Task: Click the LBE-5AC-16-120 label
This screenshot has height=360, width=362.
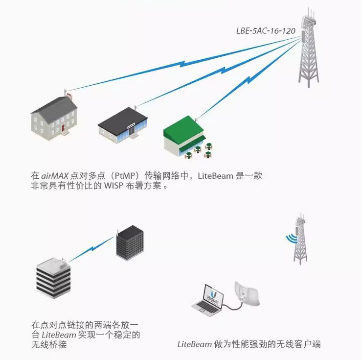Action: point(266,30)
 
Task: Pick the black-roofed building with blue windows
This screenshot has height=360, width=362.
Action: point(122,126)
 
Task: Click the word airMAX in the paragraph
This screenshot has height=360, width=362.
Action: point(55,175)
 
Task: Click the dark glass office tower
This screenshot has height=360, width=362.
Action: point(130,243)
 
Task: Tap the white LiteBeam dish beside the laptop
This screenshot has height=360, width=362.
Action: point(247,294)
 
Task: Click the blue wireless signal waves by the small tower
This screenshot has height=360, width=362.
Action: point(291,238)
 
